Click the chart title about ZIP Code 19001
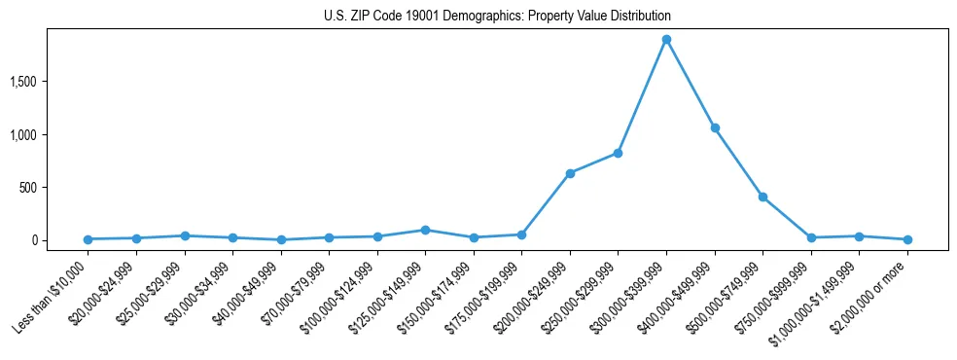497,17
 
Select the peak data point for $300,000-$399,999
666,40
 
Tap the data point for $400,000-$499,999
715,127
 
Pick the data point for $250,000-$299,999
618,153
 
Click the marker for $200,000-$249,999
570,173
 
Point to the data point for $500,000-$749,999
762,197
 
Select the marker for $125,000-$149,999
425,230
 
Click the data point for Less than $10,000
89,239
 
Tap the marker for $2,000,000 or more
907,239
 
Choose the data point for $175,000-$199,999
521,234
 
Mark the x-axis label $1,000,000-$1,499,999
822,296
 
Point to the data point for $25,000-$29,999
185,235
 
